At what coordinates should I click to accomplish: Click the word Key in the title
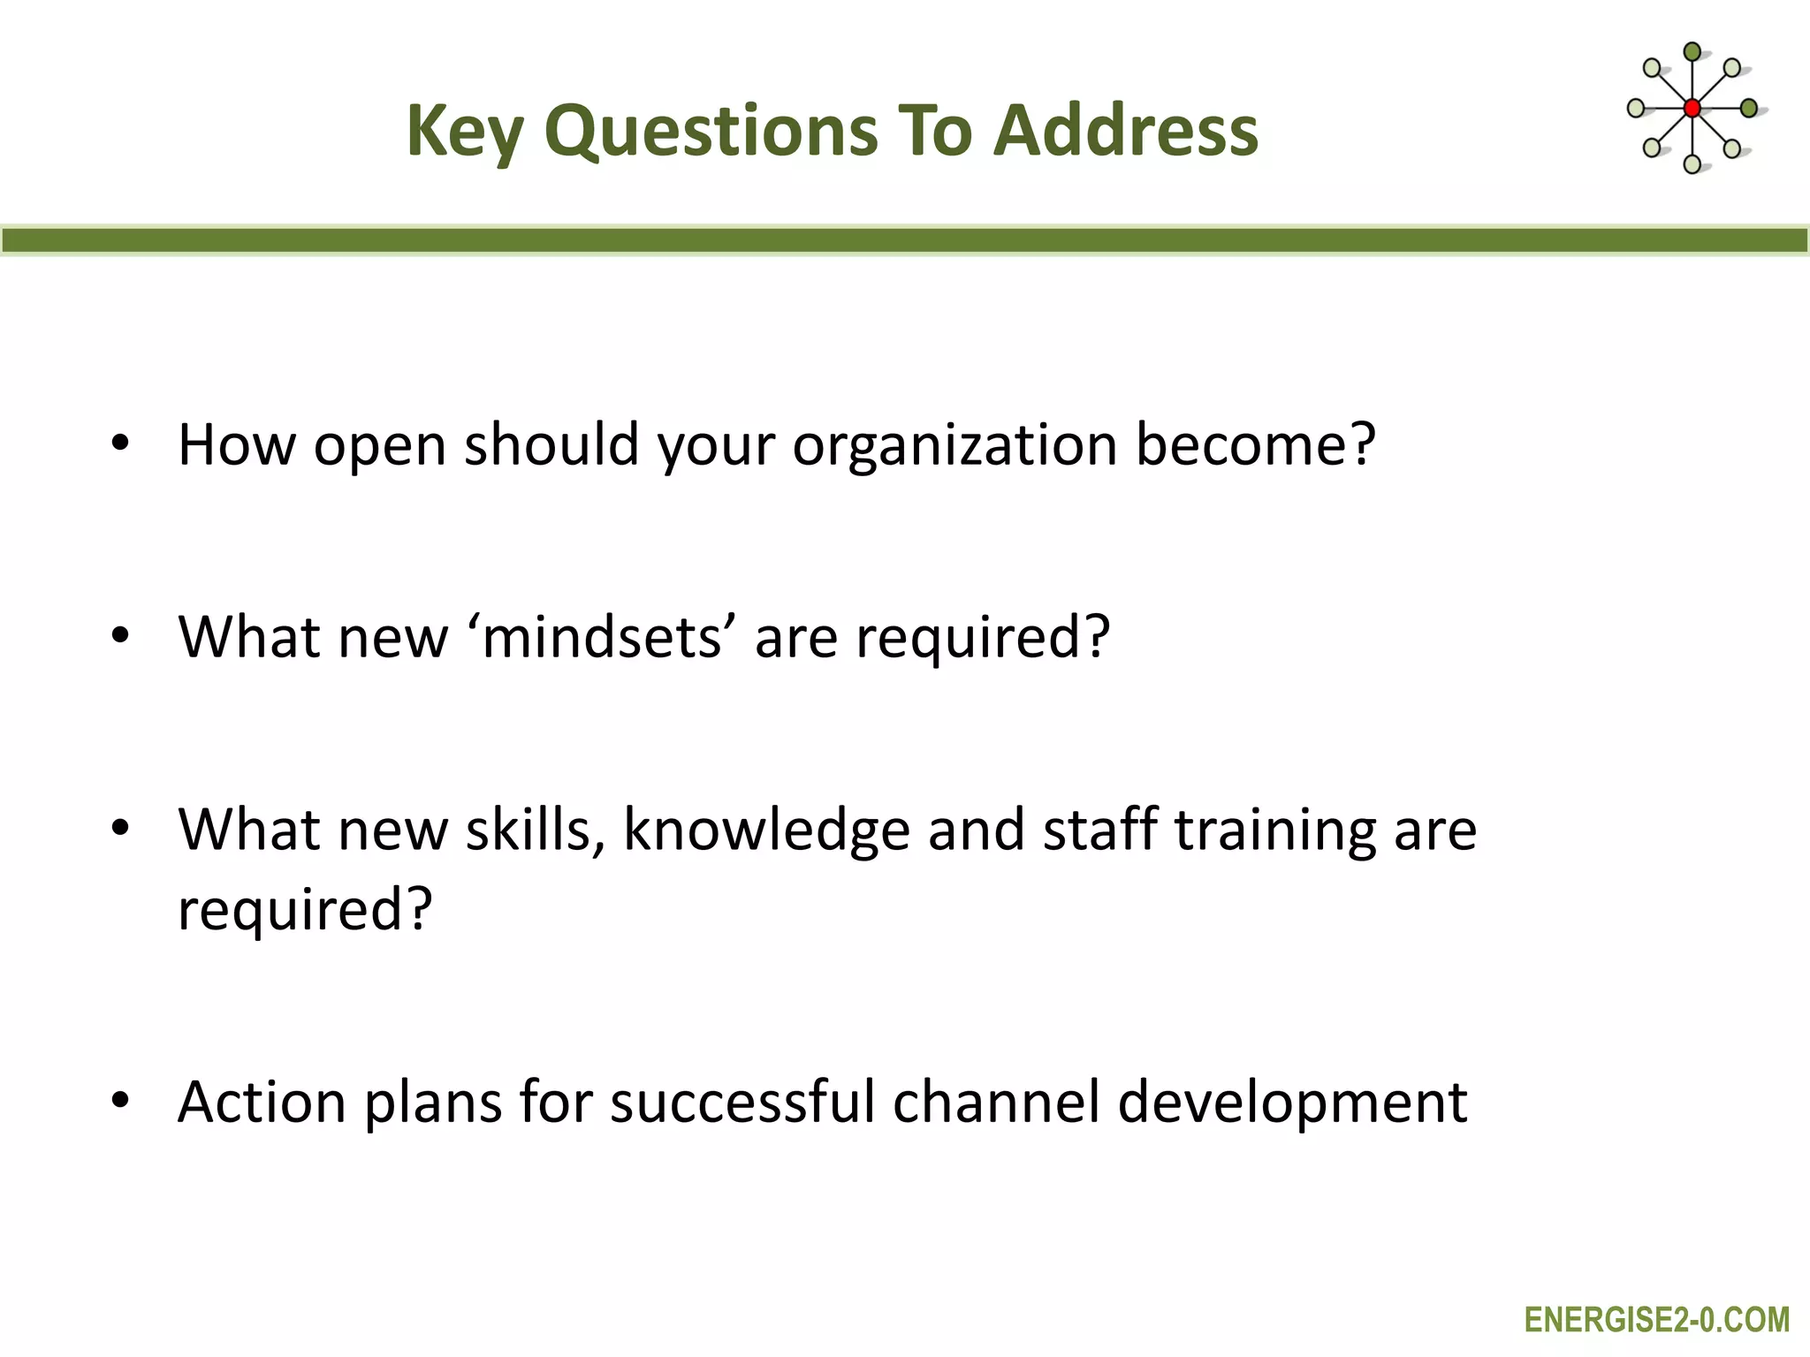click(x=465, y=131)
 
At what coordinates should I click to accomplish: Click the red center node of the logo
click(x=1692, y=109)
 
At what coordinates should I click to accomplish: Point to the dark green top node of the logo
click(x=1692, y=52)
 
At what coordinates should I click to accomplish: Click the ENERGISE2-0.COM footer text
click(x=1656, y=1320)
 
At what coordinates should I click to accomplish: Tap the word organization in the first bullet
click(x=954, y=444)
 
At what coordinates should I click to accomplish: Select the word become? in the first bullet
click(x=1255, y=444)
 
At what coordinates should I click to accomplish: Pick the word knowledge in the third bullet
click(x=765, y=830)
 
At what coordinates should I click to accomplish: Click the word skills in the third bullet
click(x=535, y=830)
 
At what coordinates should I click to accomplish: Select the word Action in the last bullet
click(x=262, y=1102)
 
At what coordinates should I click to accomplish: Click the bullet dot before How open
click(x=121, y=443)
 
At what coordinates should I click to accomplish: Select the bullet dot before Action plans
click(x=121, y=1101)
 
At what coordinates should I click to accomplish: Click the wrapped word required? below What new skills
click(x=305, y=910)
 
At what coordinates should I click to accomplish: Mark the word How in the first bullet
click(x=236, y=444)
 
